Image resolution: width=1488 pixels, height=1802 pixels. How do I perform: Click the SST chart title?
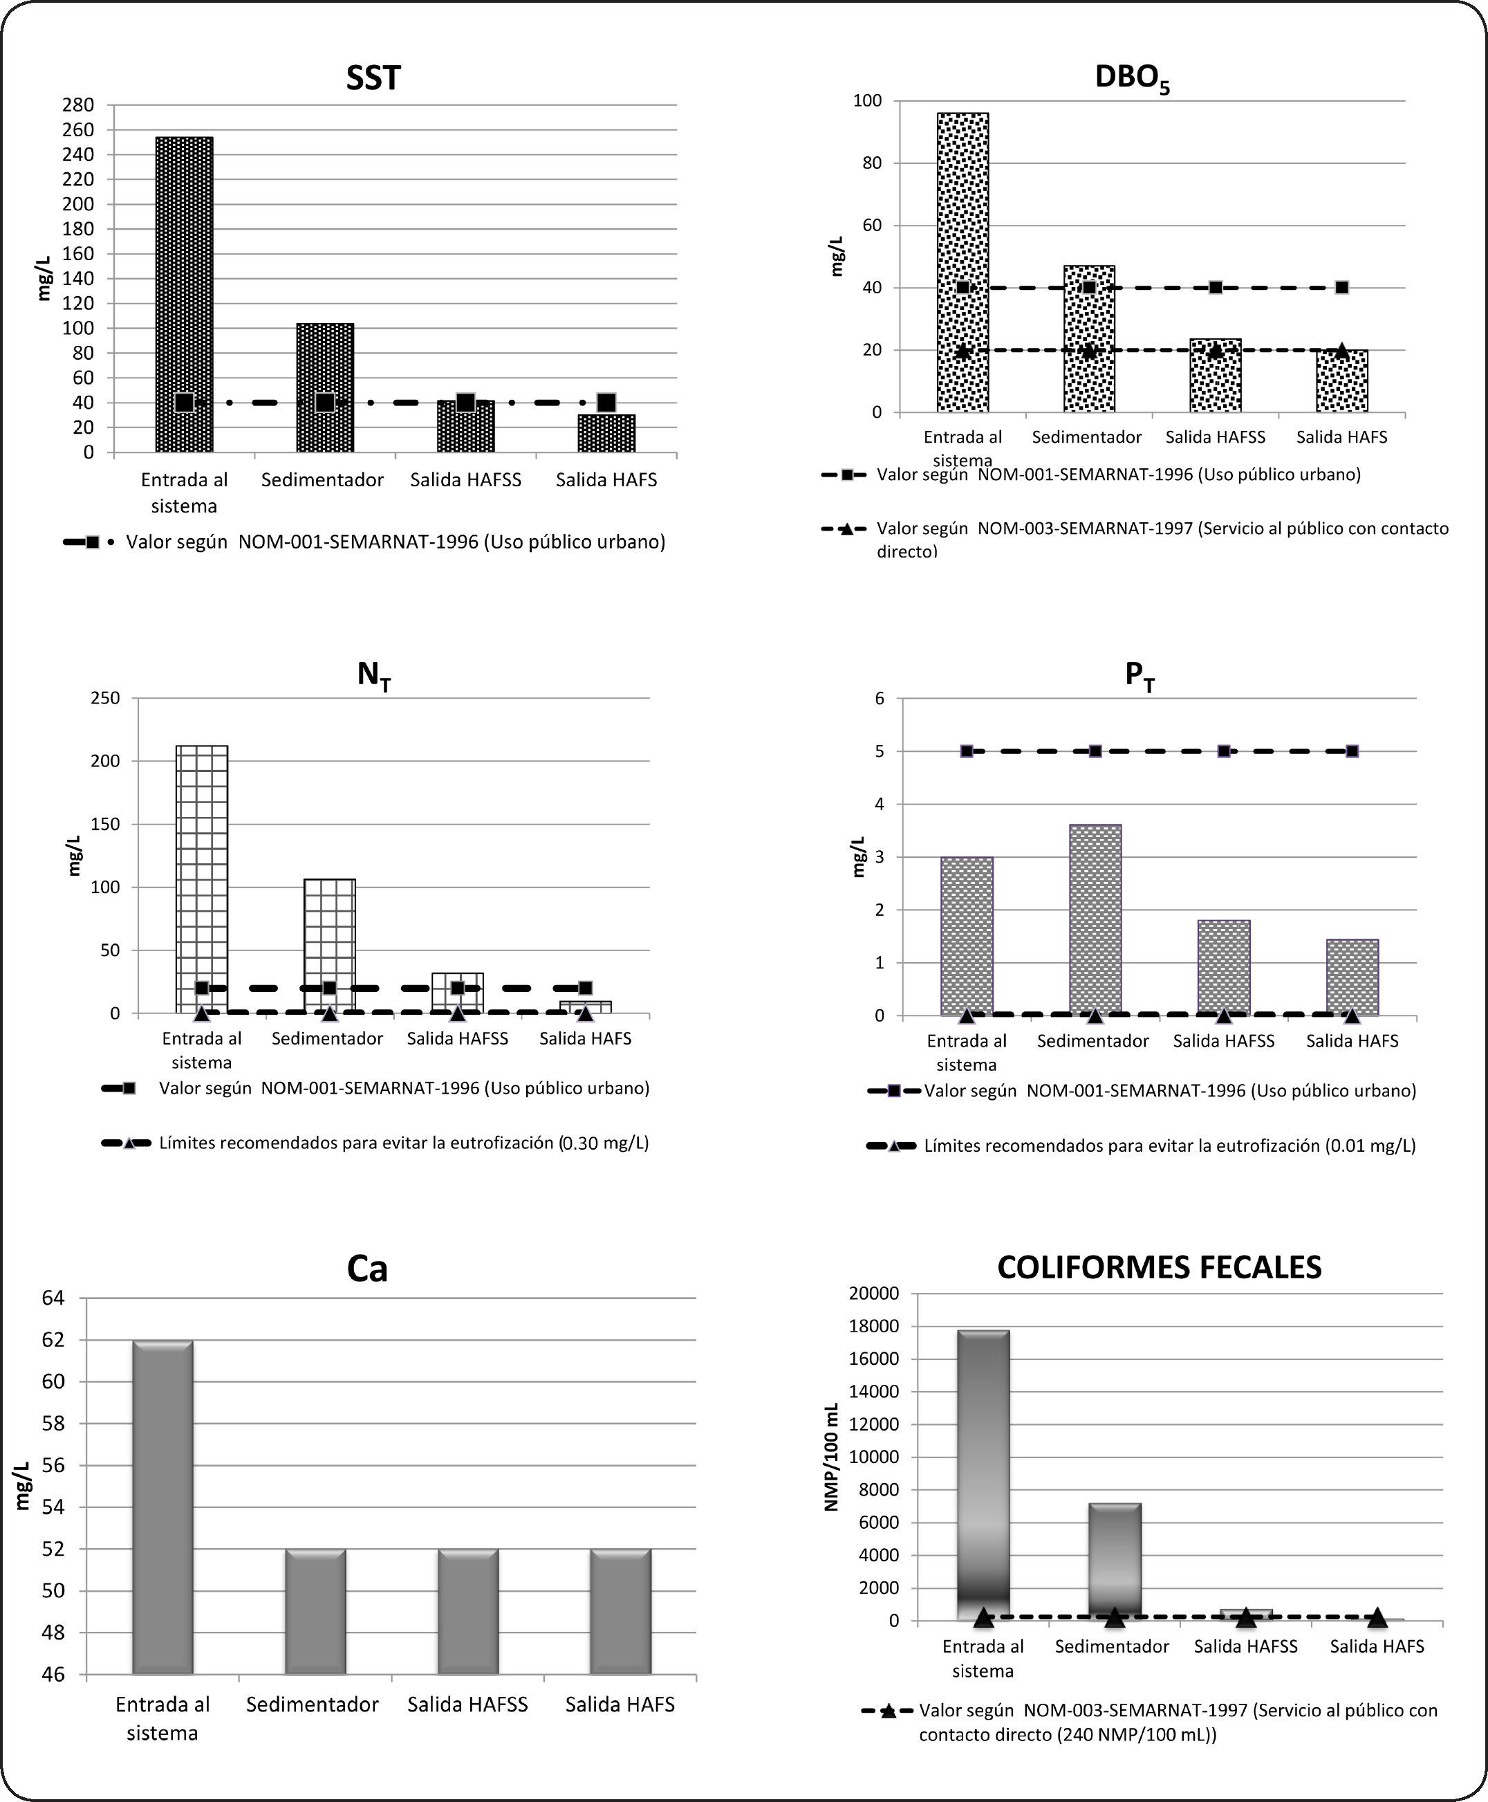point(373,78)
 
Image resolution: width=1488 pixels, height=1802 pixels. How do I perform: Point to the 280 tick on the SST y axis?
point(78,105)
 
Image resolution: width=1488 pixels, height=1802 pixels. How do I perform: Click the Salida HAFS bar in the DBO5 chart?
point(1341,381)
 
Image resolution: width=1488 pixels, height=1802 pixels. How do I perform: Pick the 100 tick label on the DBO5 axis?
point(868,101)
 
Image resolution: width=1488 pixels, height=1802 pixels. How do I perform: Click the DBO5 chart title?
point(1131,78)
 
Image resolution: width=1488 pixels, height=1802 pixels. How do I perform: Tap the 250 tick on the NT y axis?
point(105,698)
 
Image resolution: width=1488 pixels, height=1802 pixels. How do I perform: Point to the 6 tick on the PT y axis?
point(880,698)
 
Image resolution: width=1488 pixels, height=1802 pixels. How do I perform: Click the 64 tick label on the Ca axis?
point(53,1298)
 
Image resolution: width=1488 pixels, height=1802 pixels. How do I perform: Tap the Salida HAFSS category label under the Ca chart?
point(467,1704)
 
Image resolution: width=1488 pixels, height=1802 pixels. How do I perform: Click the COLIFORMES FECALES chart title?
point(1159,1267)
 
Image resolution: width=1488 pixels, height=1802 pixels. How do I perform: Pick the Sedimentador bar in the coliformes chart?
point(1115,1561)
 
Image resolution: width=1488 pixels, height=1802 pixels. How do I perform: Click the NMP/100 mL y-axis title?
point(831,1458)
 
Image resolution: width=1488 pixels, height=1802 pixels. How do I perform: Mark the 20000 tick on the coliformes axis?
point(873,1293)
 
